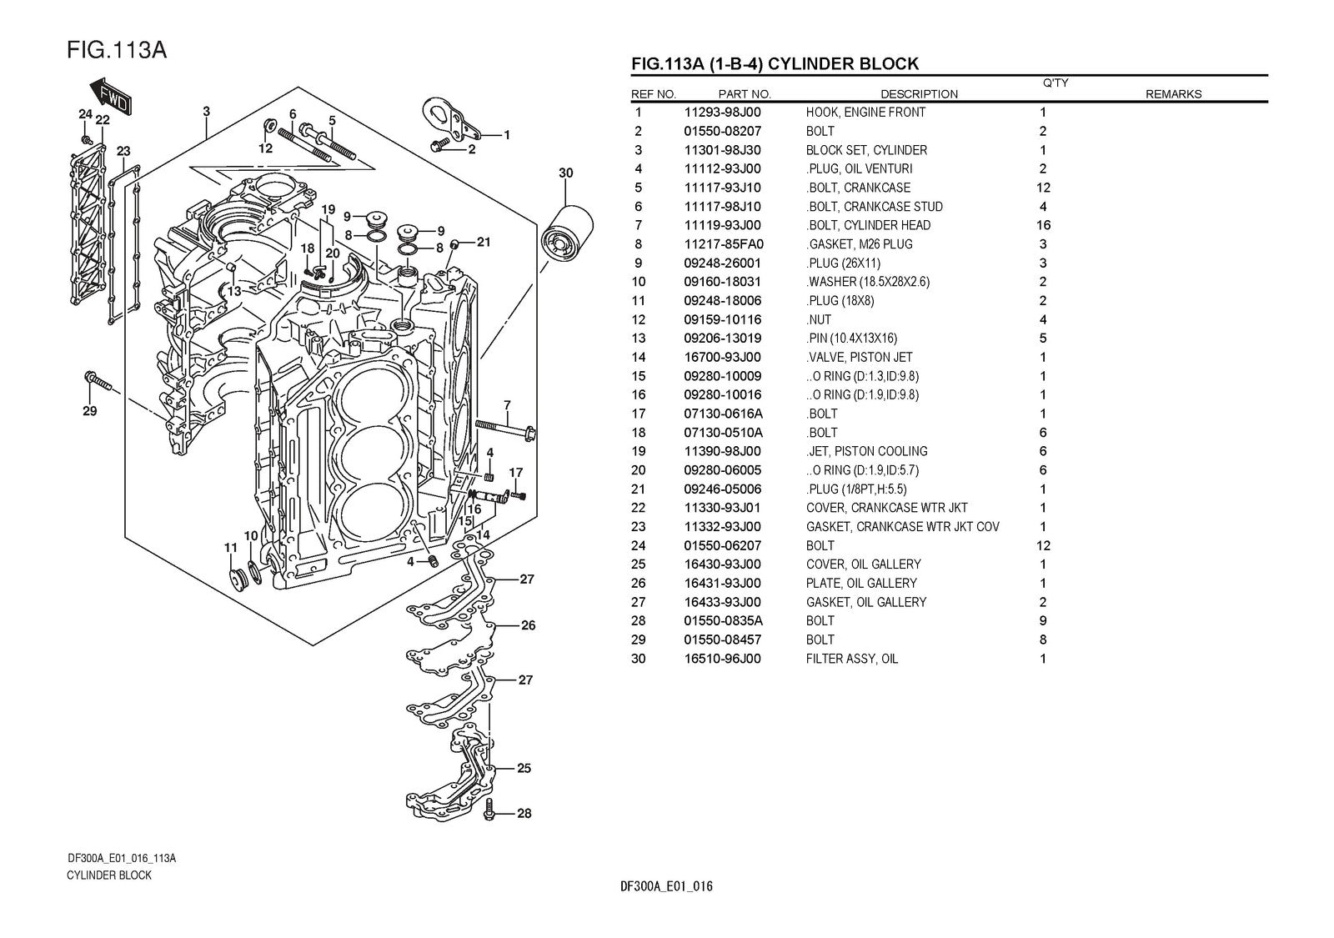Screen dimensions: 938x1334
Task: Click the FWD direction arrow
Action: pos(109,96)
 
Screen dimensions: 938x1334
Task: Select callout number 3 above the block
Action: pos(206,112)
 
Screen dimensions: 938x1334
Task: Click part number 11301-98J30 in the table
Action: pos(722,150)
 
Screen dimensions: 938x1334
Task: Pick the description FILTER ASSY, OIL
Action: pos(851,659)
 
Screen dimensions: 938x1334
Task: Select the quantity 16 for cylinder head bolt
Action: pos(1043,225)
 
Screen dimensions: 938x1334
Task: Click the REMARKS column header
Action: pos(1173,94)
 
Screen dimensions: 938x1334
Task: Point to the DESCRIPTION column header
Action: pos(919,94)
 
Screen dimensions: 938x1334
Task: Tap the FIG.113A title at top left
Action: pos(117,50)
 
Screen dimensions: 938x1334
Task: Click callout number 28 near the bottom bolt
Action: pos(523,814)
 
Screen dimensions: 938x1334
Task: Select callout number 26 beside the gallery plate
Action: pos(528,625)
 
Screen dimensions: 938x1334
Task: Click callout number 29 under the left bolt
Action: pos(89,411)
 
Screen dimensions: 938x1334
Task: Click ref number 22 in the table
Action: pos(639,508)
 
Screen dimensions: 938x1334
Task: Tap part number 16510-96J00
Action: pos(722,659)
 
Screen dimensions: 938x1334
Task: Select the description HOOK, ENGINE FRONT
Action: pos(865,113)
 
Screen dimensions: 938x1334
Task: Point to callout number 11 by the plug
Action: pos(231,548)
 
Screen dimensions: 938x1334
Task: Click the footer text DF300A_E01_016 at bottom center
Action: pos(667,886)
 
